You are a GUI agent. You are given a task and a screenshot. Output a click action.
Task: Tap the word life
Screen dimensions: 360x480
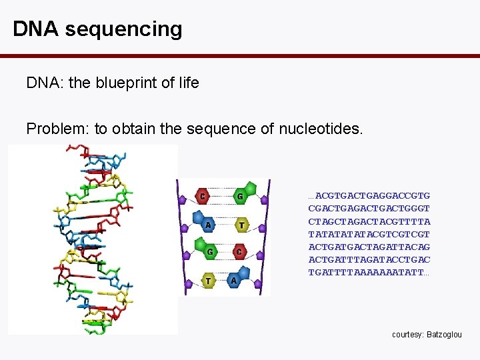(188, 83)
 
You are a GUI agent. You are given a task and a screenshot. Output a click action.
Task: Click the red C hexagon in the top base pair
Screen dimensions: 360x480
(202, 196)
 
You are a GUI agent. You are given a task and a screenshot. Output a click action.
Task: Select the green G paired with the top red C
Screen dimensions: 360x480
(239, 195)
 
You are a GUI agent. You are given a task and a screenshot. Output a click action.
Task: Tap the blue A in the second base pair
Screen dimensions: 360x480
(207, 224)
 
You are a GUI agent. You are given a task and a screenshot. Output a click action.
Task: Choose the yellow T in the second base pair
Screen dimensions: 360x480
(241, 225)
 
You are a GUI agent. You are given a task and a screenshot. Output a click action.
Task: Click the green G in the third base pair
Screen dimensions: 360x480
(210, 252)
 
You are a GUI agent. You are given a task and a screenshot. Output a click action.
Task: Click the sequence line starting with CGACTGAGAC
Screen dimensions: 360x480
(369, 208)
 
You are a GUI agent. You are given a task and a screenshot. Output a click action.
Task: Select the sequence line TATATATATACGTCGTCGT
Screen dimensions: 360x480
(369, 234)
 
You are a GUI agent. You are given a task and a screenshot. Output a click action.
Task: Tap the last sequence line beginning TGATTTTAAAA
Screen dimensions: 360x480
(369, 273)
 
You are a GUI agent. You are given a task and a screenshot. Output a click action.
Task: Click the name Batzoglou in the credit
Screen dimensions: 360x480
(443, 334)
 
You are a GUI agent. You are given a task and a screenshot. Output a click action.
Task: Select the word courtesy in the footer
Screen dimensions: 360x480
(407, 334)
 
